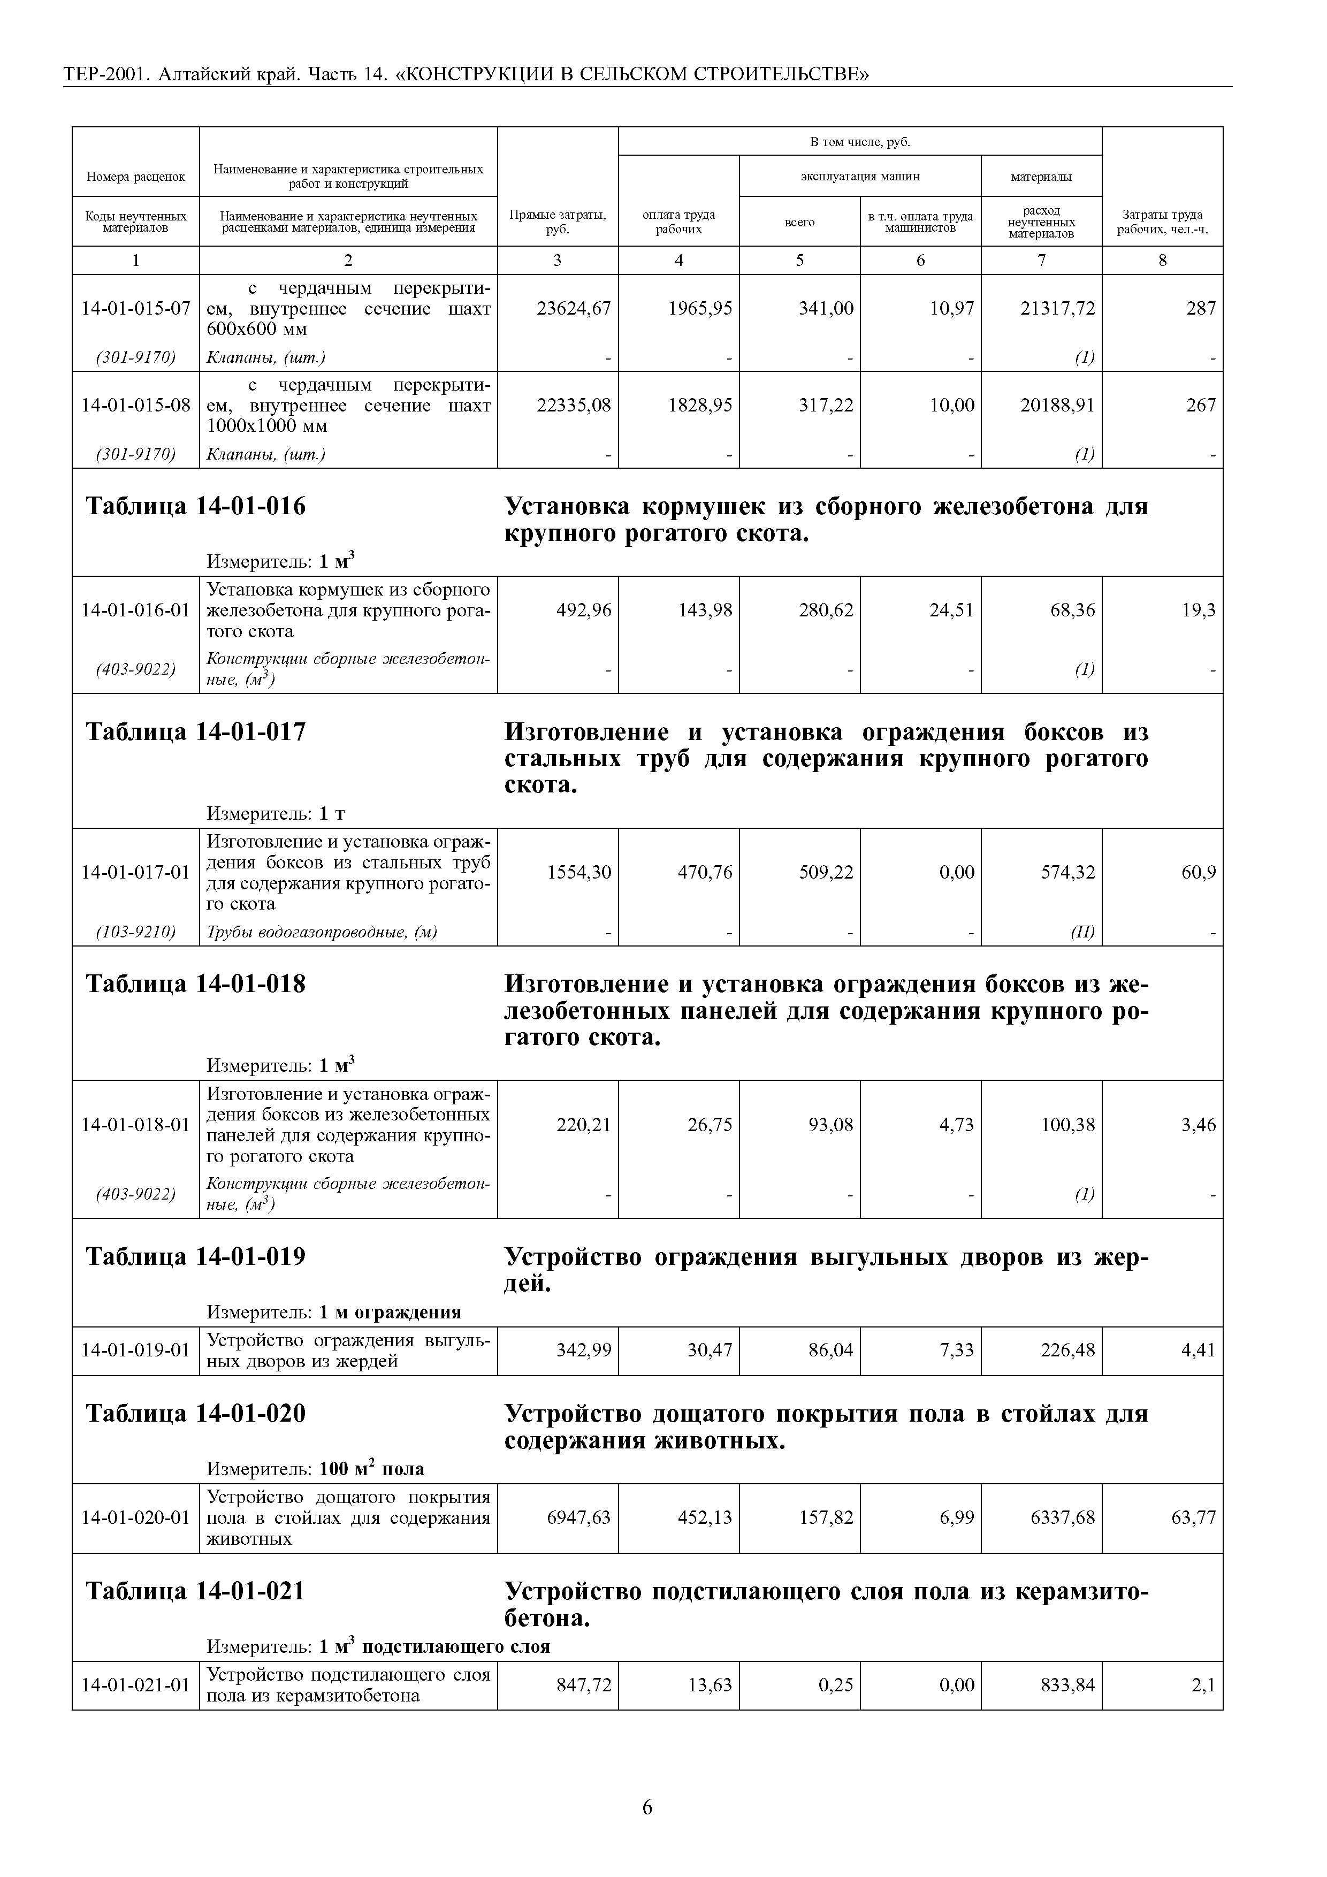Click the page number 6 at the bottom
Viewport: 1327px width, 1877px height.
[647, 1807]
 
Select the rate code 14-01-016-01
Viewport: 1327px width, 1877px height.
[136, 611]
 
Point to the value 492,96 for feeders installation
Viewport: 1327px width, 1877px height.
[584, 611]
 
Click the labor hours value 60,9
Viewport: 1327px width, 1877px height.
[1199, 872]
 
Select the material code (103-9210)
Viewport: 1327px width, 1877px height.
[136, 931]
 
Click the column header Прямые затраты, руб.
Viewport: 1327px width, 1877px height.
[558, 222]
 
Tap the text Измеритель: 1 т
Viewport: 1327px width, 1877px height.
[276, 813]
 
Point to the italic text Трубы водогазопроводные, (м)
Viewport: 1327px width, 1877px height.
[322, 931]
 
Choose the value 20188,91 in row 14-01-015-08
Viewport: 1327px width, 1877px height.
[1057, 406]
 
